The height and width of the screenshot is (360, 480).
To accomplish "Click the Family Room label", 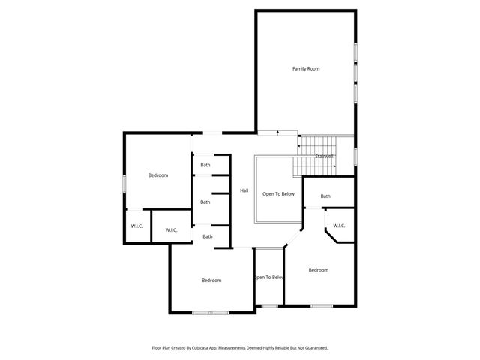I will [x=306, y=68].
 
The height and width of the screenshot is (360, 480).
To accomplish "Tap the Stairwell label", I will [x=324, y=156].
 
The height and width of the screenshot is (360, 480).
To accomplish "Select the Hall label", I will [x=244, y=191].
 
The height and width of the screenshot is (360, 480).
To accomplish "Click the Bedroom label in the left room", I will [x=157, y=175].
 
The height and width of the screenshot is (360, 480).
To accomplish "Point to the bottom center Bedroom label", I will [x=211, y=280].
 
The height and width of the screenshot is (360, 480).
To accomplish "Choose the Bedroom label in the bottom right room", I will [x=318, y=270].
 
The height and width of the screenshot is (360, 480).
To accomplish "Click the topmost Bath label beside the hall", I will [x=205, y=165].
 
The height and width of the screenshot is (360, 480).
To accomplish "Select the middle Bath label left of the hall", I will [x=205, y=202].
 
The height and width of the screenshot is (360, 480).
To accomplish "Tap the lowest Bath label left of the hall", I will [x=207, y=236].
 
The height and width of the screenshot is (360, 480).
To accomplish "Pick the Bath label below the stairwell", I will [x=325, y=196].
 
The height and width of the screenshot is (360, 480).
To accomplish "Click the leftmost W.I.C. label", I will [x=136, y=226].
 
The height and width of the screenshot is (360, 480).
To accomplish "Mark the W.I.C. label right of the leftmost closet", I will [x=171, y=230].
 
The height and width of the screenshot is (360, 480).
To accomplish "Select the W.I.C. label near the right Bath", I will [x=339, y=226].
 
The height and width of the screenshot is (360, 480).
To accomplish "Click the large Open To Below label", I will [x=278, y=194].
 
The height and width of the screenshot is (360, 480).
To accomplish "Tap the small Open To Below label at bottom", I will [x=268, y=277].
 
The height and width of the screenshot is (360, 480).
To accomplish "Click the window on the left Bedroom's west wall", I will [x=124, y=184].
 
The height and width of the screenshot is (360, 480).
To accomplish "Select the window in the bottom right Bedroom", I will [x=322, y=305].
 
